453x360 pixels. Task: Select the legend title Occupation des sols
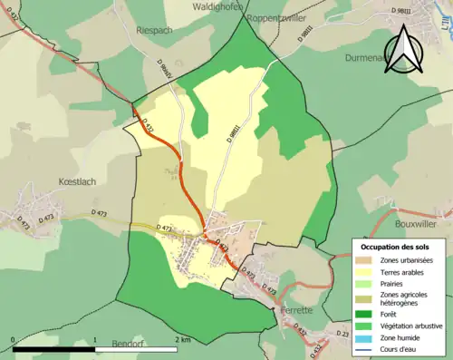tap(395, 247)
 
